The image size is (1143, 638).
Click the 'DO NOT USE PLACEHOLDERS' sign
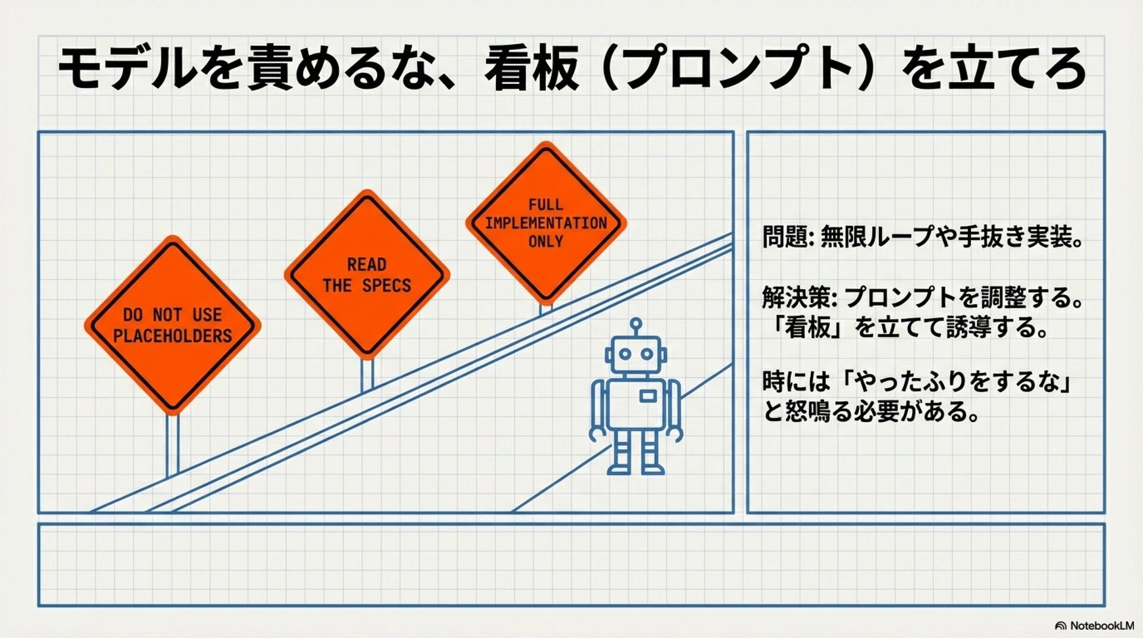point(172,324)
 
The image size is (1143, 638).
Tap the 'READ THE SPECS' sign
point(367,274)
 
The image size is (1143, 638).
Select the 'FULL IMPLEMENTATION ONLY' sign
point(545,223)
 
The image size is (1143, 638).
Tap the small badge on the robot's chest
point(648,396)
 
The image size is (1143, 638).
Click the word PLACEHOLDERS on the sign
point(172,336)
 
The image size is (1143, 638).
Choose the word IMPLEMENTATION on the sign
point(545,223)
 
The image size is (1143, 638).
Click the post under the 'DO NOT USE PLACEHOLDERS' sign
point(172,443)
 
